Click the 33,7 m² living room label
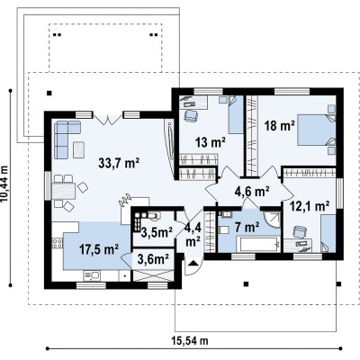[119, 163]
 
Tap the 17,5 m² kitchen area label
[99, 249]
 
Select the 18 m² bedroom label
[279, 126]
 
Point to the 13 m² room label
[211, 142]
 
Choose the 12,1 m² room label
[310, 206]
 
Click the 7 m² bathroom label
[247, 228]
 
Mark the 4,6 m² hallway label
[251, 191]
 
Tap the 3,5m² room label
[157, 232]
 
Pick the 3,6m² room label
[153, 259]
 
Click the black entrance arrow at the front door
[193, 263]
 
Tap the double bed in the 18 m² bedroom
[317, 130]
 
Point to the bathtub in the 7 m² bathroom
[258, 245]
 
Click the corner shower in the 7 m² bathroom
[272, 220]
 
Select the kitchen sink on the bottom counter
[92, 275]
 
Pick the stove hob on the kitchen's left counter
[57, 243]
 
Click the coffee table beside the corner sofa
[79, 149]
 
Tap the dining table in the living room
[63, 192]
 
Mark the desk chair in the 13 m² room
[191, 115]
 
